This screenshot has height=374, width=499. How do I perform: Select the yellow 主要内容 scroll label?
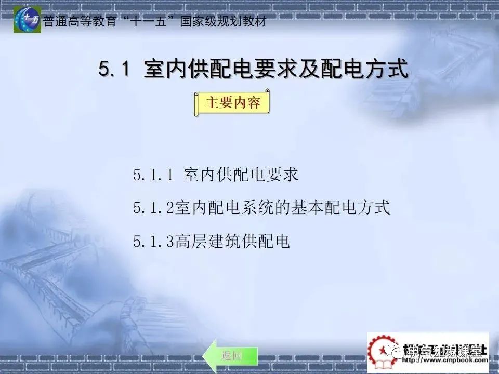point(232,103)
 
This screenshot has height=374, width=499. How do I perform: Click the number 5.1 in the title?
point(113,70)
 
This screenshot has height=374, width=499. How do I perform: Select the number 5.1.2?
point(153,208)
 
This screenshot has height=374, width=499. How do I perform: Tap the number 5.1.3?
point(153,242)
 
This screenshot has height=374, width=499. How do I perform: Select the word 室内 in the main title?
point(162,70)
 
